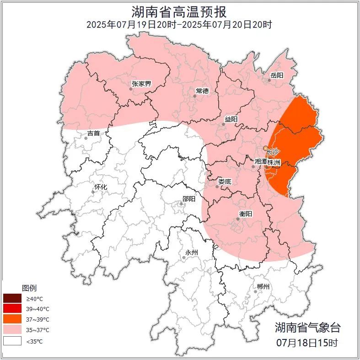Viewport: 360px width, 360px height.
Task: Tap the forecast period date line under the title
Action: pos(179,25)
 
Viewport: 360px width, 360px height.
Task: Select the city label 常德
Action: pos(202,91)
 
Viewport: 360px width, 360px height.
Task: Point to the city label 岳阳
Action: pos(277,75)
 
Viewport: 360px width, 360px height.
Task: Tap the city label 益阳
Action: pos(231,119)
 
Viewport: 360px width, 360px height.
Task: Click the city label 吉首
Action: pos(93,134)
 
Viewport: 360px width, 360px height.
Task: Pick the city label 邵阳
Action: pos(188,199)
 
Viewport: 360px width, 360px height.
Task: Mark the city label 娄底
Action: pos(225,182)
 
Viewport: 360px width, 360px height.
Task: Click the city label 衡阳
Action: pos(246,214)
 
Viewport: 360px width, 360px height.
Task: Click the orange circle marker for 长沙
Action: pos(265,148)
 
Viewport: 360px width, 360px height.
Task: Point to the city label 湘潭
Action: pos(261,161)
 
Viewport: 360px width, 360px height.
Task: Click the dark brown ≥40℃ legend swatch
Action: pos(12,299)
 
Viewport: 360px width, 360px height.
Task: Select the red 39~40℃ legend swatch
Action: pos(12,309)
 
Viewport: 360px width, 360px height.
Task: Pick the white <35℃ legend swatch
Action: pos(12,341)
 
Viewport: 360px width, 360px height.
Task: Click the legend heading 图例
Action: pos(29,288)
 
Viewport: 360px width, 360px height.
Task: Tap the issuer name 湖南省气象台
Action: pos(307,327)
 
